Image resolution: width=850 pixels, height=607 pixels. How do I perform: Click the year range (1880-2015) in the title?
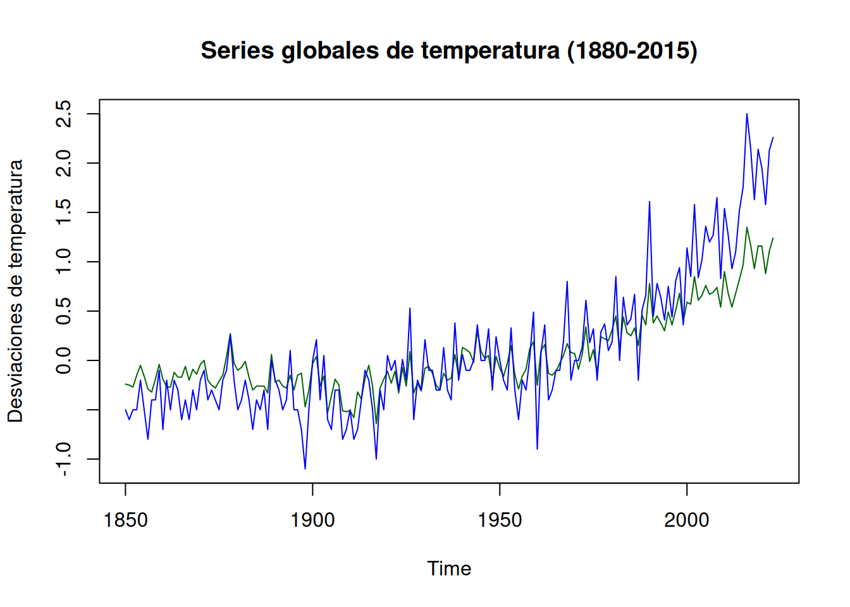click(x=632, y=51)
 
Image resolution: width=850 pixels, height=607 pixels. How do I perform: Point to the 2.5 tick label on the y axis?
click(x=64, y=114)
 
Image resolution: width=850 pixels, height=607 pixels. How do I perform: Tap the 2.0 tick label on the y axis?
click(x=64, y=163)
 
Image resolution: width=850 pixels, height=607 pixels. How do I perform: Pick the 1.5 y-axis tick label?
click(x=64, y=212)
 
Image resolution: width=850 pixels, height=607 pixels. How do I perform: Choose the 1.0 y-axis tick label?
click(x=64, y=262)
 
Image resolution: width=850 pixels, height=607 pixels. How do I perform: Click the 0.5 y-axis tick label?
click(x=64, y=311)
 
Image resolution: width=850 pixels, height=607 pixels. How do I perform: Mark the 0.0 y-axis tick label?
click(x=64, y=360)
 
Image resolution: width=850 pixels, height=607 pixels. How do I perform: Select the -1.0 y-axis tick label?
click(x=64, y=459)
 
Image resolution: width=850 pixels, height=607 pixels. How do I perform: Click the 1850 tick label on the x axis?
click(x=125, y=520)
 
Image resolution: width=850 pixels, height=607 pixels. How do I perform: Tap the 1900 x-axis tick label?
click(x=312, y=520)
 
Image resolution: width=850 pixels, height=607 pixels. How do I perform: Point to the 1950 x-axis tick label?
click(x=500, y=520)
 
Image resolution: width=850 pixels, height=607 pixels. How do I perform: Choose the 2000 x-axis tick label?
click(x=687, y=520)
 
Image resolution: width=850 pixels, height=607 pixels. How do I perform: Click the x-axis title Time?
click(x=449, y=568)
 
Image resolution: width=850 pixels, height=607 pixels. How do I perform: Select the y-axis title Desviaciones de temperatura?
click(x=15, y=291)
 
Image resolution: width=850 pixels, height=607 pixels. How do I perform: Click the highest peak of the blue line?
click(x=747, y=114)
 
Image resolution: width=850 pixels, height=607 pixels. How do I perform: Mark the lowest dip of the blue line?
click(x=305, y=469)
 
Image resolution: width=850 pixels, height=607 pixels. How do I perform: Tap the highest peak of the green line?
click(x=747, y=228)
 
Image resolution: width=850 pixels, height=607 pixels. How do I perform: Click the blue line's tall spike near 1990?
click(x=650, y=202)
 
